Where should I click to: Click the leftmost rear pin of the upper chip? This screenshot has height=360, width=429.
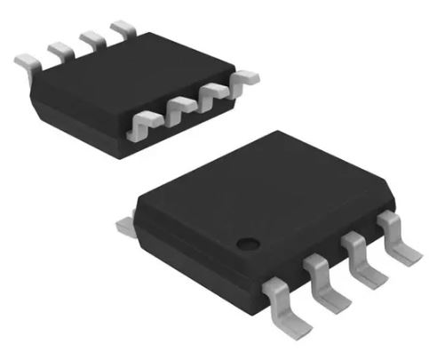[x=27, y=60]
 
